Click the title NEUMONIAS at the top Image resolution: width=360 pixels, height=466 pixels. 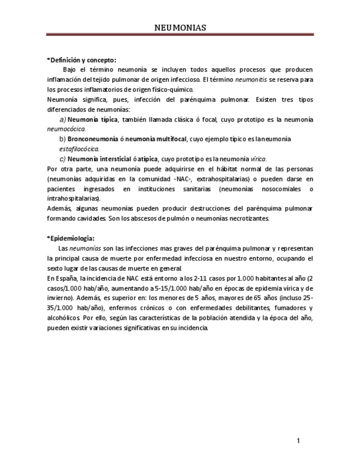pyautogui.click(x=180, y=27)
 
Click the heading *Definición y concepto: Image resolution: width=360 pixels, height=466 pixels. pyautogui.click(x=81, y=60)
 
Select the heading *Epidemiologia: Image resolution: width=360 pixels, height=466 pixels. pyautogui.click(x=71, y=238)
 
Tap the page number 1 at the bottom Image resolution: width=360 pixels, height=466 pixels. pyautogui.click(x=298, y=441)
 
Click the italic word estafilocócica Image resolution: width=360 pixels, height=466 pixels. pyautogui.click(x=79, y=149)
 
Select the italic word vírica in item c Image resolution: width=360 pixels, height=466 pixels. pyautogui.click(x=258, y=159)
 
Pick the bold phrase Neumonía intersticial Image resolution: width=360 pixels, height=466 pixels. pyautogui.click(x=99, y=159)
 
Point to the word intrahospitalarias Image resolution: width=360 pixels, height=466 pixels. pyautogui.click(x=74, y=198)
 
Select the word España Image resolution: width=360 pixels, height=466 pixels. pyautogui.click(x=68, y=278)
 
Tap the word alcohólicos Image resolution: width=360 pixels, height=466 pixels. pyautogui.click(x=63, y=318)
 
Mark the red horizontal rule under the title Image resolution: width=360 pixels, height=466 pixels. pyautogui.click(x=180, y=35)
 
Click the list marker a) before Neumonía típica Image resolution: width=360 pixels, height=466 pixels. pyautogui.click(x=62, y=119)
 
